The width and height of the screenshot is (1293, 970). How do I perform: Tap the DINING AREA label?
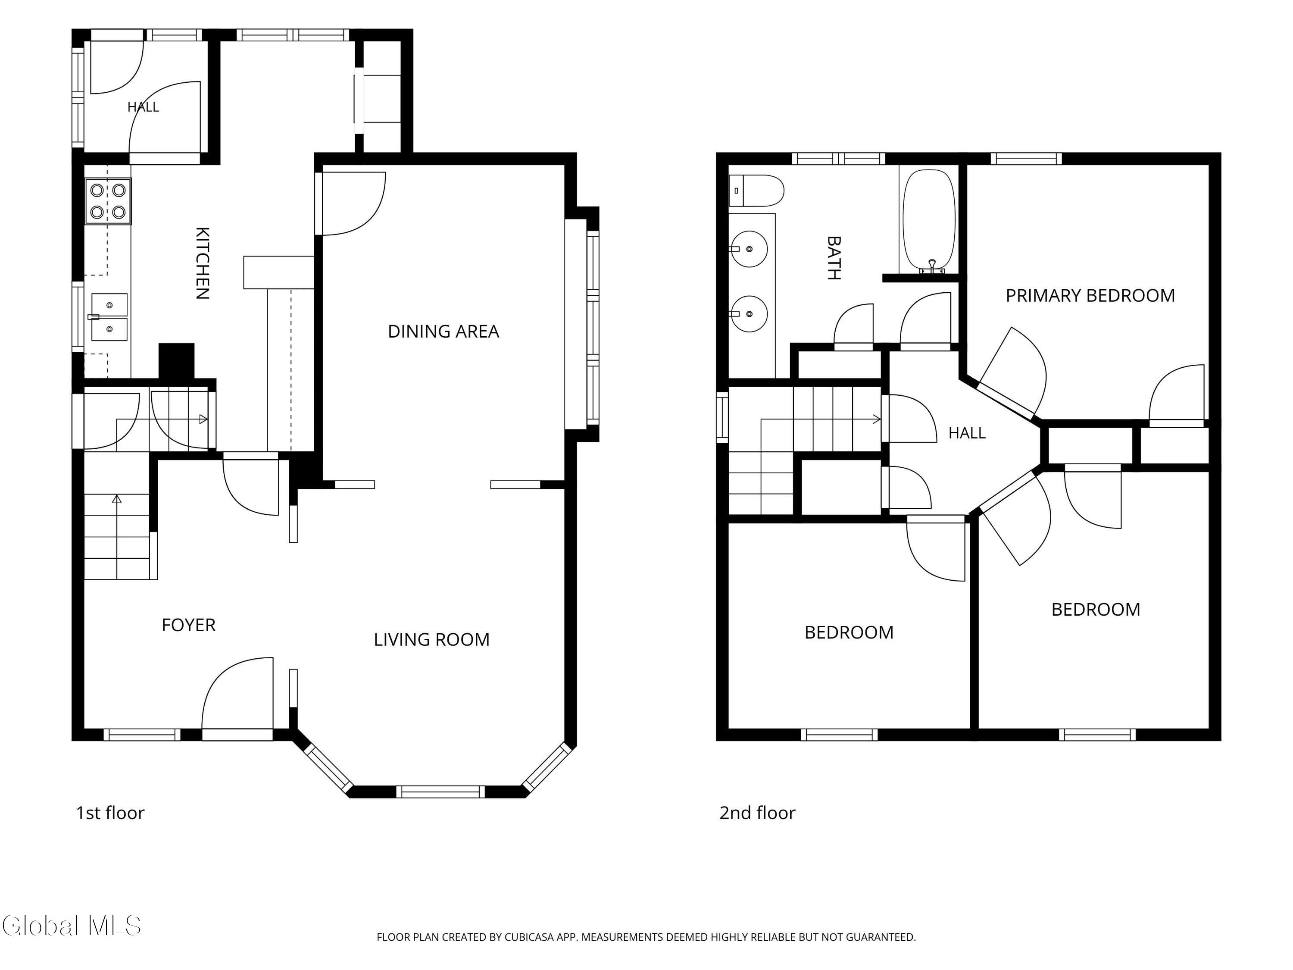pyautogui.click(x=443, y=332)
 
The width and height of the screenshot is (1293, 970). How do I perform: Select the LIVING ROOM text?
pyautogui.click(x=431, y=640)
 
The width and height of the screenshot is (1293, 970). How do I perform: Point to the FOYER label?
pyautogui.click(x=188, y=625)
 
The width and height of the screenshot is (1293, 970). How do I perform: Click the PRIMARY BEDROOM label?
pyautogui.click(x=1090, y=296)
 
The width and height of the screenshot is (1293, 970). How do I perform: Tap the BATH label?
pyautogui.click(x=834, y=258)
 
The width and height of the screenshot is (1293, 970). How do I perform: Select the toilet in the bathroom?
pyautogui.click(x=756, y=191)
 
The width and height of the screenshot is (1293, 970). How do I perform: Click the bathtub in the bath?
pyautogui.click(x=929, y=221)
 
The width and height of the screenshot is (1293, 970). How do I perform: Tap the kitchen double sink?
pyautogui.click(x=109, y=317)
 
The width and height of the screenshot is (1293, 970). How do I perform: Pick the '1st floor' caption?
pyautogui.click(x=110, y=813)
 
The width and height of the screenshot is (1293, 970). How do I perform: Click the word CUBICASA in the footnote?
pyautogui.click(x=528, y=937)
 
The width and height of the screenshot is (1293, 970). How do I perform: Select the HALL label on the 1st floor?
pyautogui.click(x=143, y=107)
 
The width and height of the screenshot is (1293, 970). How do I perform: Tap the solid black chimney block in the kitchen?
pyautogui.click(x=177, y=361)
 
